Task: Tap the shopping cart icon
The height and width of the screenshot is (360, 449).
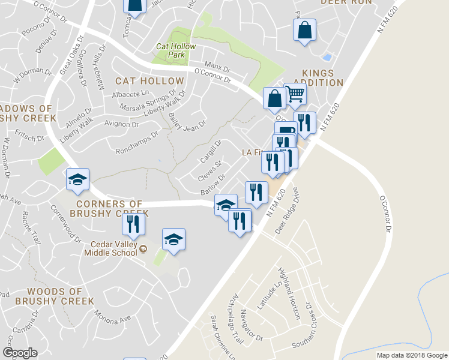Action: point(295,94)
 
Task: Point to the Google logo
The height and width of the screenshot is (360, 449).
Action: point(20,353)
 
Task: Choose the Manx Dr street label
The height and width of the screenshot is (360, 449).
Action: point(217,65)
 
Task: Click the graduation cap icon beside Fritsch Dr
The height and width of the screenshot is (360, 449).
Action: point(77,179)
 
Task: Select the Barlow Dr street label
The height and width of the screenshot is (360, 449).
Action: point(212,184)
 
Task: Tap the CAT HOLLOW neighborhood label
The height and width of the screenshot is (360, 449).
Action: point(149,81)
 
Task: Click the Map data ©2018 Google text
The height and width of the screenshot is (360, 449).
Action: point(411,355)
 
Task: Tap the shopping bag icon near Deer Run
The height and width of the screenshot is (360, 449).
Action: point(304,29)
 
